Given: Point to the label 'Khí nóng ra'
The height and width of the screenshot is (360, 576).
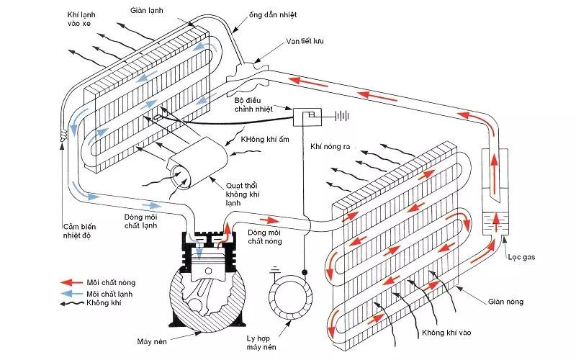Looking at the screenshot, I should [330, 147].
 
